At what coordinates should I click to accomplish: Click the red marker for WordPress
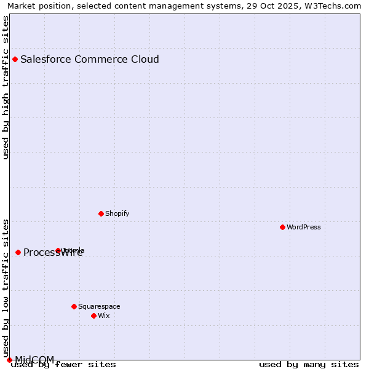(x=282, y=227)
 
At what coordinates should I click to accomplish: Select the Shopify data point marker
(x=101, y=213)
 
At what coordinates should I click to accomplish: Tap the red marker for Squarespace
(x=74, y=306)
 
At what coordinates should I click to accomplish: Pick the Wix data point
(x=93, y=315)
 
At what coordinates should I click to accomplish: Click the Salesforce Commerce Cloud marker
(x=15, y=59)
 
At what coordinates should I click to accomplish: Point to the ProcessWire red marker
(x=18, y=252)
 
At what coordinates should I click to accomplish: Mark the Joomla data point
(x=58, y=250)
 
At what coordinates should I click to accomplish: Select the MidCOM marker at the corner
(x=9, y=360)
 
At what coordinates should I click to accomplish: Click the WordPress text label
(x=304, y=227)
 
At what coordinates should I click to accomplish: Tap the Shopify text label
(x=117, y=213)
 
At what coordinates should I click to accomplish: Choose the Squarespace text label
(x=99, y=306)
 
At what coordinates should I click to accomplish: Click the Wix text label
(x=104, y=315)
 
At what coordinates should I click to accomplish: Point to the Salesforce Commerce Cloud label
(x=90, y=59)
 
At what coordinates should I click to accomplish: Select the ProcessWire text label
(x=53, y=253)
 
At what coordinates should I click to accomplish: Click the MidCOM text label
(x=34, y=359)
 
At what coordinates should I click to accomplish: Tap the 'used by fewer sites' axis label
(x=63, y=365)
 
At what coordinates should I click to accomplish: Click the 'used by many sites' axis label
(x=309, y=365)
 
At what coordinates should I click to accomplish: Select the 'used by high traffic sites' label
(x=6, y=87)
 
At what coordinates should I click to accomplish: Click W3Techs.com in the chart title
(x=336, y=6)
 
